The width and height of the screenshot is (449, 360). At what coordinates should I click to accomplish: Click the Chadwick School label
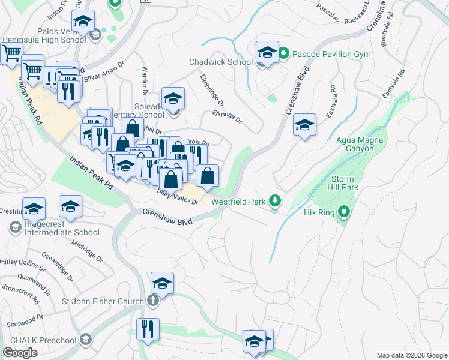(220, 62)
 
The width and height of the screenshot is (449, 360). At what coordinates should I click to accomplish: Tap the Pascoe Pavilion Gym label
(331, 54)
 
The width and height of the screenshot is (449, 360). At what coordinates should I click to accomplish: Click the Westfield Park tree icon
(275, 201)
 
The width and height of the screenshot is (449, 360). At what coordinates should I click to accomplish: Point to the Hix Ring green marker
(344, 211)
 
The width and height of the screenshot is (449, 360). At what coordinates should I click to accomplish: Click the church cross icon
(153, 301)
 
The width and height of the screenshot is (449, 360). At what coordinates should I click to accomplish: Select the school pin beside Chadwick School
(267, 53)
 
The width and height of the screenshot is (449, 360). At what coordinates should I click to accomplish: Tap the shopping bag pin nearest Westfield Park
(207, 176)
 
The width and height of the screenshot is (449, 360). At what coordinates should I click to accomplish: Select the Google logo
(20, 353)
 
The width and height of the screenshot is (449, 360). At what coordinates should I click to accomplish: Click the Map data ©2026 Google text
(411, 355)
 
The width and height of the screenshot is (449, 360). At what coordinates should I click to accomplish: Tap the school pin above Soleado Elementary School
(173, 99)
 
